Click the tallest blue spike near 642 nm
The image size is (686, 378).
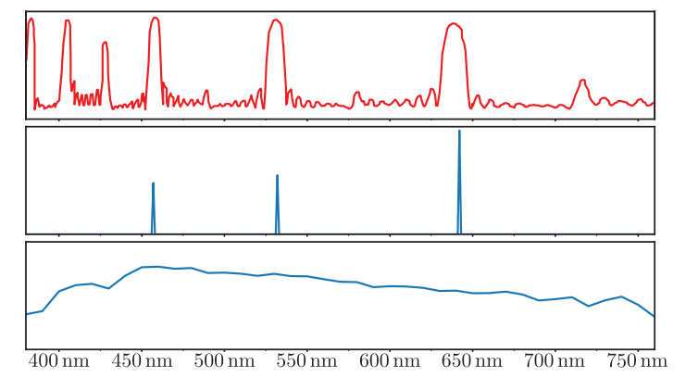click(459, 132)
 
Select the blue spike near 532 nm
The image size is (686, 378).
click(278, 176)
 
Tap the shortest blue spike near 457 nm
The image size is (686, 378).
click(153, 184)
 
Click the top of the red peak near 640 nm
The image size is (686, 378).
click(453, 24)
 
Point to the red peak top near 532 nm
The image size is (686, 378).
click(276, 20)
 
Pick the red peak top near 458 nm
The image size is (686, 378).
click(155, 18)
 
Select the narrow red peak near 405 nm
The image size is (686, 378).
click(67, 21)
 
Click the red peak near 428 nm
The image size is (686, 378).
click(105, 43)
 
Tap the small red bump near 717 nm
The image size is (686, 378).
click(582, 81)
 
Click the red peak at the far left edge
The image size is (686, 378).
click(31, 19)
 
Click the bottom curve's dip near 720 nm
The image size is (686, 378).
click(589, 306)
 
